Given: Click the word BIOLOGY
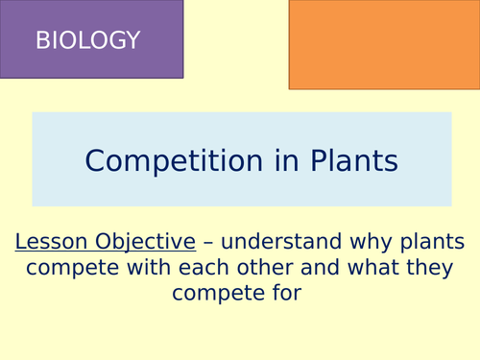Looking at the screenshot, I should tap(87, 40).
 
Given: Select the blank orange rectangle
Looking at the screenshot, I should tap(383, 43).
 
